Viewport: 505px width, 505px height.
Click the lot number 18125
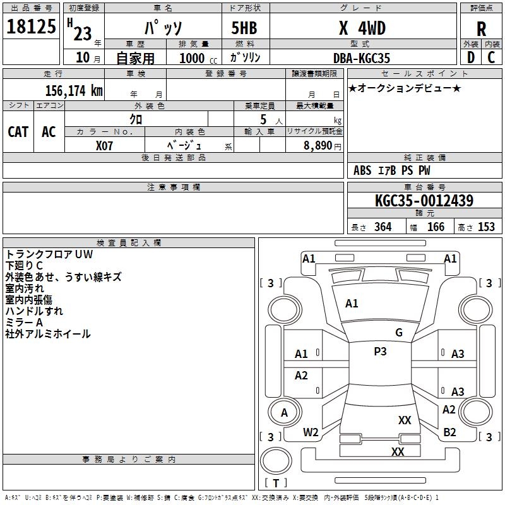32,28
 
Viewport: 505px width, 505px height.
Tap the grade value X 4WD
362,28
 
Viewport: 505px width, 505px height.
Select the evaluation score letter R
481,29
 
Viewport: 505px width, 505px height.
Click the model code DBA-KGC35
362,58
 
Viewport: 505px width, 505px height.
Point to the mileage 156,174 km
74,90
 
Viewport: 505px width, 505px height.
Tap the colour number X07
105,145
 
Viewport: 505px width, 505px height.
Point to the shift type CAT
18,132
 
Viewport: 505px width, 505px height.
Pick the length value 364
382,227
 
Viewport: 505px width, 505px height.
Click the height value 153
485,227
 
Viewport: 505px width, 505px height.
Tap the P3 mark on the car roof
380,352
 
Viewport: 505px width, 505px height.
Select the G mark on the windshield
398,333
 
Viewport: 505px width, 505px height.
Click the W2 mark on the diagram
311,432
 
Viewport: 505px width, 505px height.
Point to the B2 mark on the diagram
449,432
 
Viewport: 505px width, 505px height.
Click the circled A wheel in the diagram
284,413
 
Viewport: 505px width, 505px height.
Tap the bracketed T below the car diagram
276,484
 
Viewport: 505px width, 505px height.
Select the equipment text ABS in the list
362,170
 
